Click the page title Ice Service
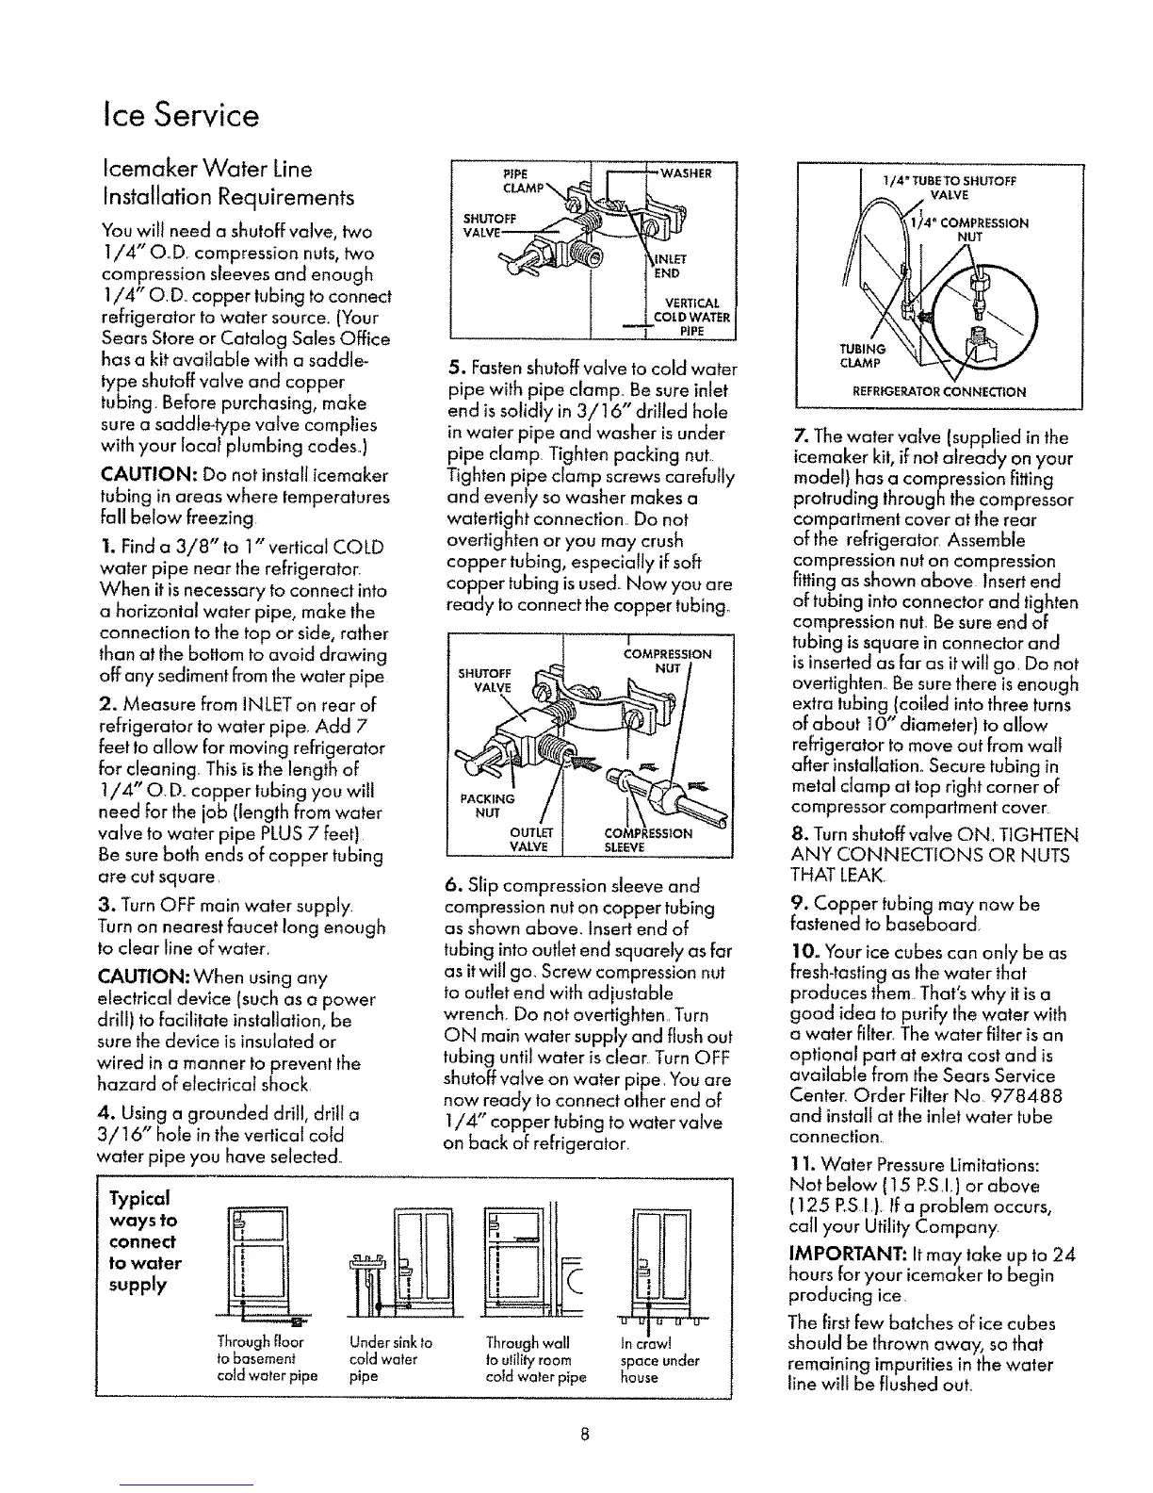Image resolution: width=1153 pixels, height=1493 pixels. point(179,116)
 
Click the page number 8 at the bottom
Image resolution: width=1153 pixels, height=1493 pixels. point(584,1436)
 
